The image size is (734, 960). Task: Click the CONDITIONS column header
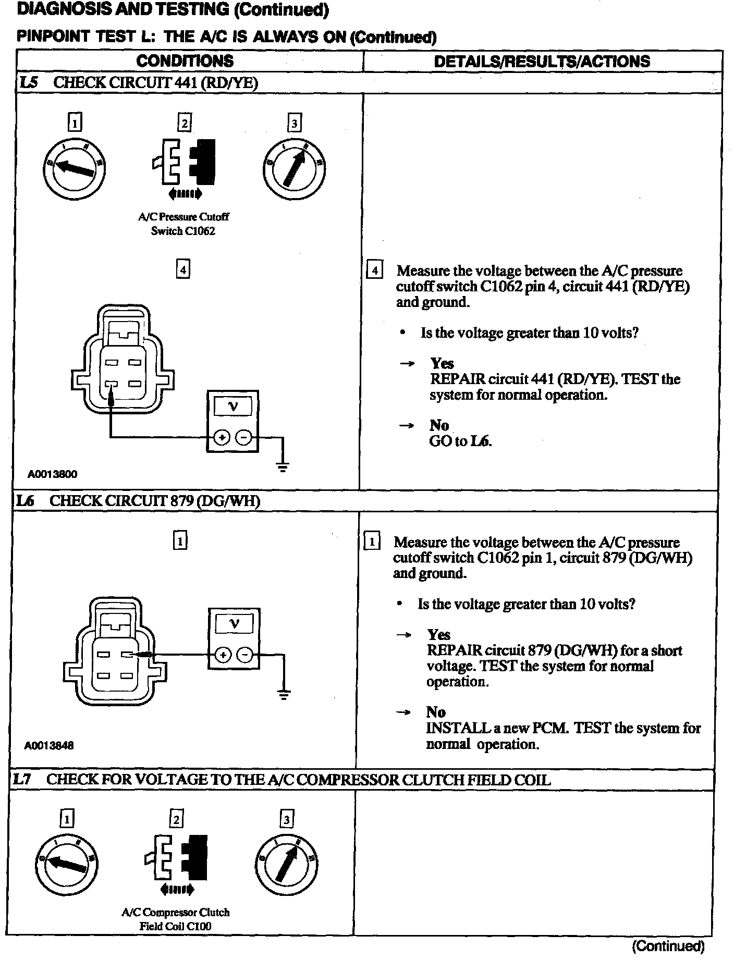pyautogui.click(x=185, y=61)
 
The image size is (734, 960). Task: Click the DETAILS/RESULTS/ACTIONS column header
pyautogui.click(x=542, y=61)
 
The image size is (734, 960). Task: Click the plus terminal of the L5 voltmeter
pyautogui.click(x=221, y=437)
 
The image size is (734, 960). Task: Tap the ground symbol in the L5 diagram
pyautogui.click(x=283, y=466)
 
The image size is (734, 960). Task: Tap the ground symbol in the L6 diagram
pyautogui.click(x=284, y=695)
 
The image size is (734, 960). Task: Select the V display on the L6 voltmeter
pyautogui.click(x=234, y=623)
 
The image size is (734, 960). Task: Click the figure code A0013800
pyautogui.click(x=52, y=474)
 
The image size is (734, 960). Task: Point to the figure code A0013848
pyautogui.click(x=50, y=745)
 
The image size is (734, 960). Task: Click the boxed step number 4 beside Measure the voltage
pyautogui.click(x=374, y=271)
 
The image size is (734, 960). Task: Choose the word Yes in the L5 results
pyautogui.click(x=442, y=363)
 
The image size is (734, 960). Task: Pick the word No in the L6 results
pyautogui.click(x=435, y=712)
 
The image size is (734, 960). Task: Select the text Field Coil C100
pyautogui.click(x=175, y=926)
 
